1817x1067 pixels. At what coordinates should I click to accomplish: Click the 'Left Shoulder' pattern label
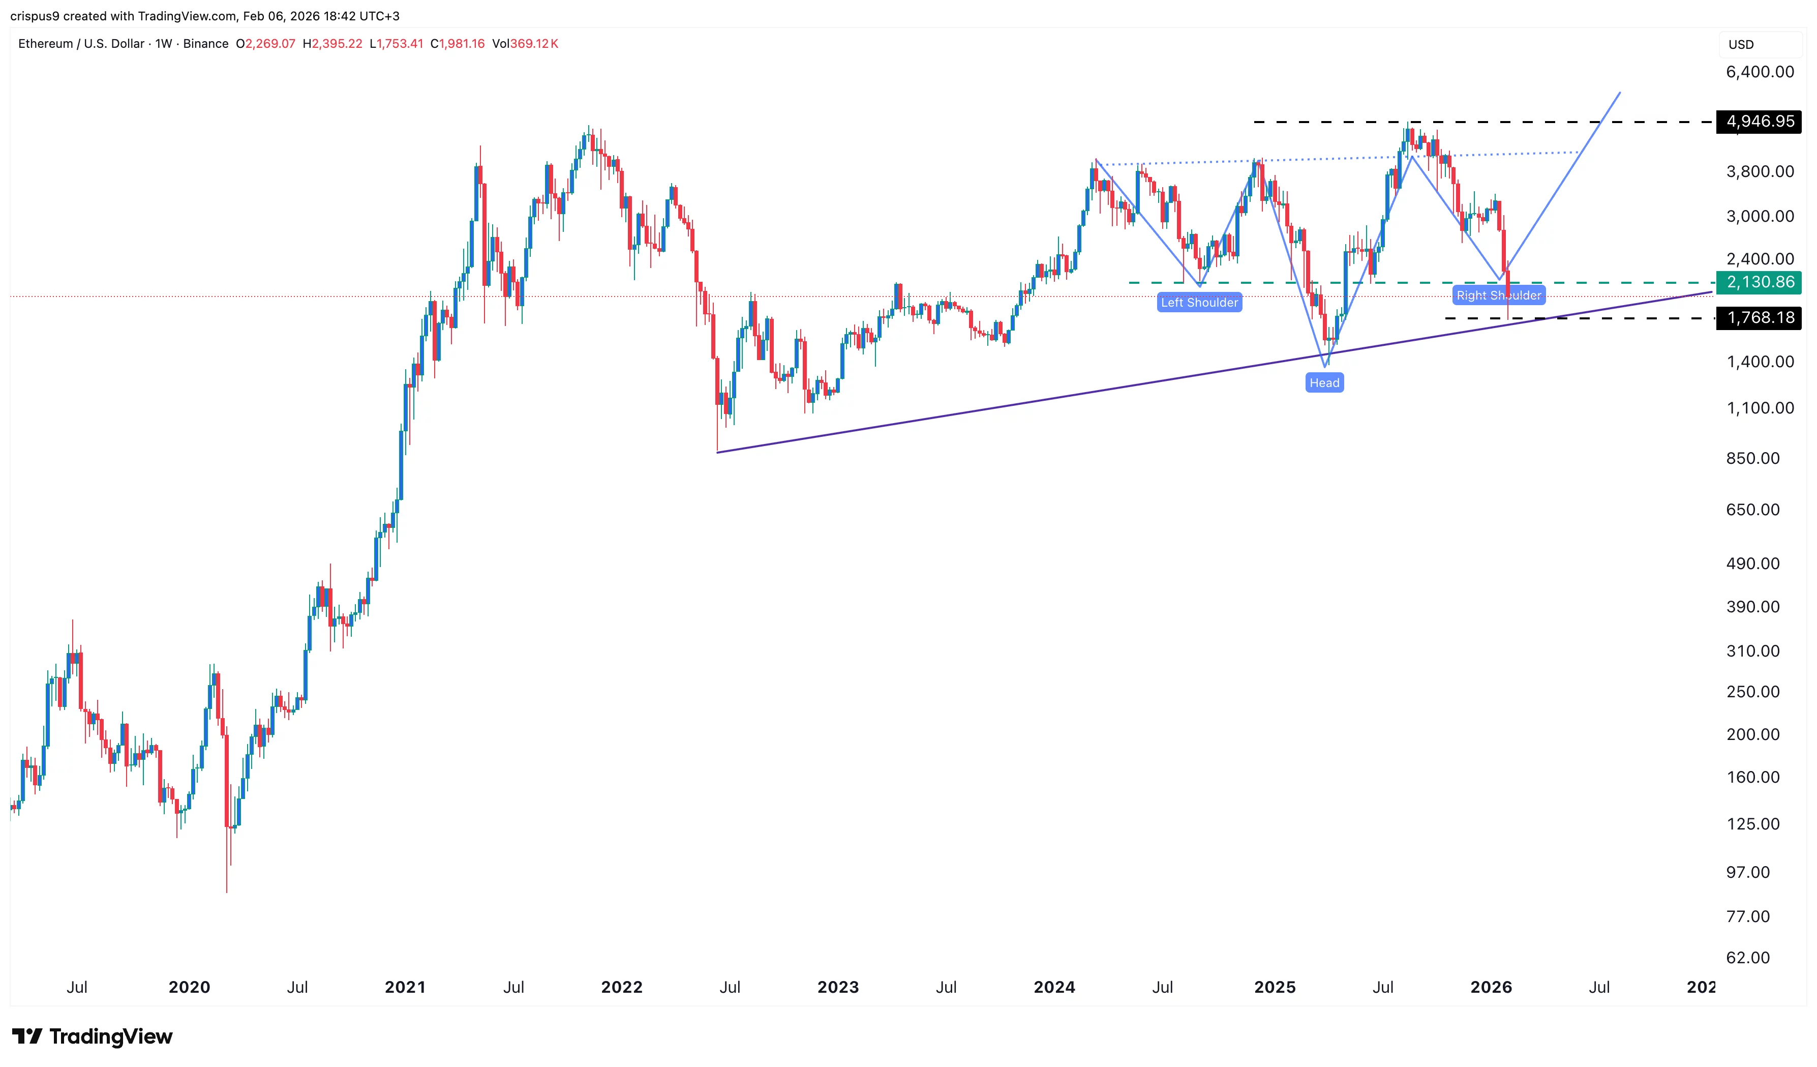tap(1199, 302)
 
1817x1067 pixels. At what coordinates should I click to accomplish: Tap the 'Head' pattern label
tap(1324, 382)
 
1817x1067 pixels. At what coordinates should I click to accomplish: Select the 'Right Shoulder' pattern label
tap(1498, 295)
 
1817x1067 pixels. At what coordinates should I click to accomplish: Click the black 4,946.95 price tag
tap(1760, 121)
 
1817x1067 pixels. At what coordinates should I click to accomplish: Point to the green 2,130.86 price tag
tap(1760, 282)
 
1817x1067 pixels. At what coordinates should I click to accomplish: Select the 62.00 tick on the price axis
tap(1748, 957)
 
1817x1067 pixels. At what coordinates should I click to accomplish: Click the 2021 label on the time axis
tap(405, 987)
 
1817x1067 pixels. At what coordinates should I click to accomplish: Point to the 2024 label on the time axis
tap(1054, 987)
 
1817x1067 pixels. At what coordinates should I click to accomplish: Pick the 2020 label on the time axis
tap(189, 987)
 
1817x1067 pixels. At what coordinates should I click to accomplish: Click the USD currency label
tap(1741, 45)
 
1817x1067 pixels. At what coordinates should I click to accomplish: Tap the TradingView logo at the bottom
tap(93, 1036)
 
